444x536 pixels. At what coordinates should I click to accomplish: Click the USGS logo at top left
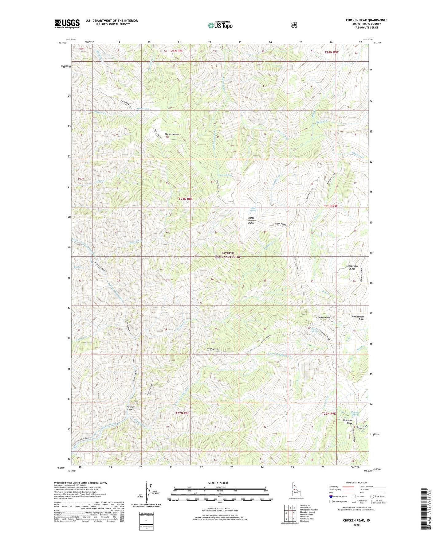coord(67,24)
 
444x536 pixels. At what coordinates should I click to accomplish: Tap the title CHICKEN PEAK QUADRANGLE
coord(366,20)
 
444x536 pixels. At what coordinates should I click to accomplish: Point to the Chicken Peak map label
coord(323,318)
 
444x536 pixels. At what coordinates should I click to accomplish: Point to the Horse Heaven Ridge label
coord(252,220)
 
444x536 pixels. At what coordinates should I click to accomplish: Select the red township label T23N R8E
coord(186,199)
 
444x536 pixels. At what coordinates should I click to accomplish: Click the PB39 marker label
coord(81,179)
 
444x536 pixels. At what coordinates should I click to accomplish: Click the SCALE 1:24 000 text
coord(218,483)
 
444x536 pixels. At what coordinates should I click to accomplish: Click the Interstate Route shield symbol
coord(331,496)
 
